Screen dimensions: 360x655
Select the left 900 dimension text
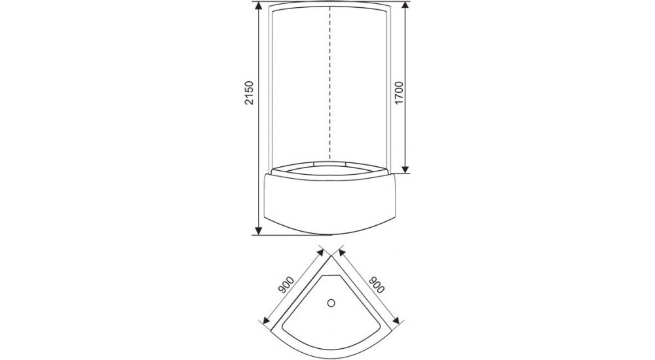point(284,287)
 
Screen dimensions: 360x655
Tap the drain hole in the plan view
point(331,303)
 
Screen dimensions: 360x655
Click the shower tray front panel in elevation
point(331,203)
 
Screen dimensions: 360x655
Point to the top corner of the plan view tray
point(331,259)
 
